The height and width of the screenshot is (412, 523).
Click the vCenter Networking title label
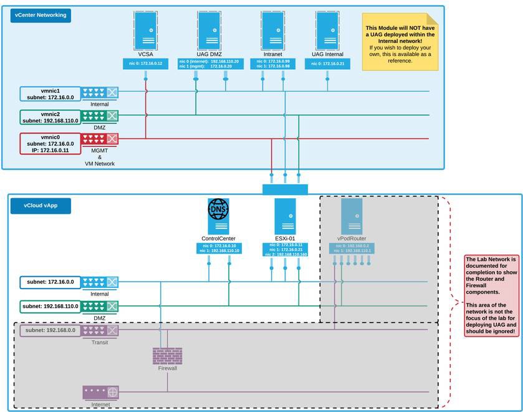[x=40, y=15]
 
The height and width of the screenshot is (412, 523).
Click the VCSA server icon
[x=146, y=30]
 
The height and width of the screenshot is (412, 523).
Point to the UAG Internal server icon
[x=327, y=30]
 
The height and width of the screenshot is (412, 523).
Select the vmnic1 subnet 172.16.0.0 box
[x=50, y=94]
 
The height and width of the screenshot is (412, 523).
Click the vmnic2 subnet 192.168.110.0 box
[x=50, y=117]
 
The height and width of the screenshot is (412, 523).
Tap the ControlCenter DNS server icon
[x=218, y=216]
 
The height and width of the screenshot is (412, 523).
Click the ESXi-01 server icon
[x=285, y=216]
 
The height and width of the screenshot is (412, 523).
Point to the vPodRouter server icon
[x=352, y=216]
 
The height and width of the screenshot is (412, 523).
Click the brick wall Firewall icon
[x=167, y=355]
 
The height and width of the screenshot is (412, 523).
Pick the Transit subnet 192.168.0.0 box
[x=50, y=330]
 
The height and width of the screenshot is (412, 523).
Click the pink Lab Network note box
[x=491, y=295]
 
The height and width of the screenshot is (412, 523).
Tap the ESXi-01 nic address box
[x=285, y=250]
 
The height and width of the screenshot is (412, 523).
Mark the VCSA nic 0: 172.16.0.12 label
[x=146, y=64]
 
